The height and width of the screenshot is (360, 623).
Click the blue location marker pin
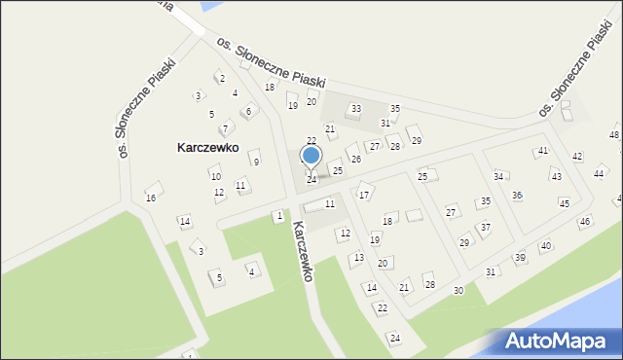click(x=311, y=156)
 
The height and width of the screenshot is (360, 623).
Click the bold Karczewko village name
click(x=208, y=148)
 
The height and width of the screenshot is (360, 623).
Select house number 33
click(x=355, y=109)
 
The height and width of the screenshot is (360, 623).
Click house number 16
click(x=151, y=198)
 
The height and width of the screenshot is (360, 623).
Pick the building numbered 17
click(x=364, y=195)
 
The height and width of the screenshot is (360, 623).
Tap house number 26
click(x=355, y=159)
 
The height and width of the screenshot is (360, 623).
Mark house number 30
click(x=458, y=291)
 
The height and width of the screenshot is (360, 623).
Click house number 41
click(x=542, y=151)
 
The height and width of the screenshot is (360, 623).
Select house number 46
click(x=584, y=222)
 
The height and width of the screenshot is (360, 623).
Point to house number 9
click(x=256, y=162)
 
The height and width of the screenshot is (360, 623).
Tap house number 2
click(x=222, y=78)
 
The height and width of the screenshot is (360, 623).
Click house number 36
click(x=517, y=196)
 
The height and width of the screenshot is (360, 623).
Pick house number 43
click(x=556, y=176)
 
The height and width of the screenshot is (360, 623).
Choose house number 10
click(x=215, y=176)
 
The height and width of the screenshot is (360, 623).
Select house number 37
click(x=485, y=227)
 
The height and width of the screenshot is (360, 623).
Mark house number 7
click(x=225, y=128)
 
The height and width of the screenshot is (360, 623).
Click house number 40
click(x=545, y=246)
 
